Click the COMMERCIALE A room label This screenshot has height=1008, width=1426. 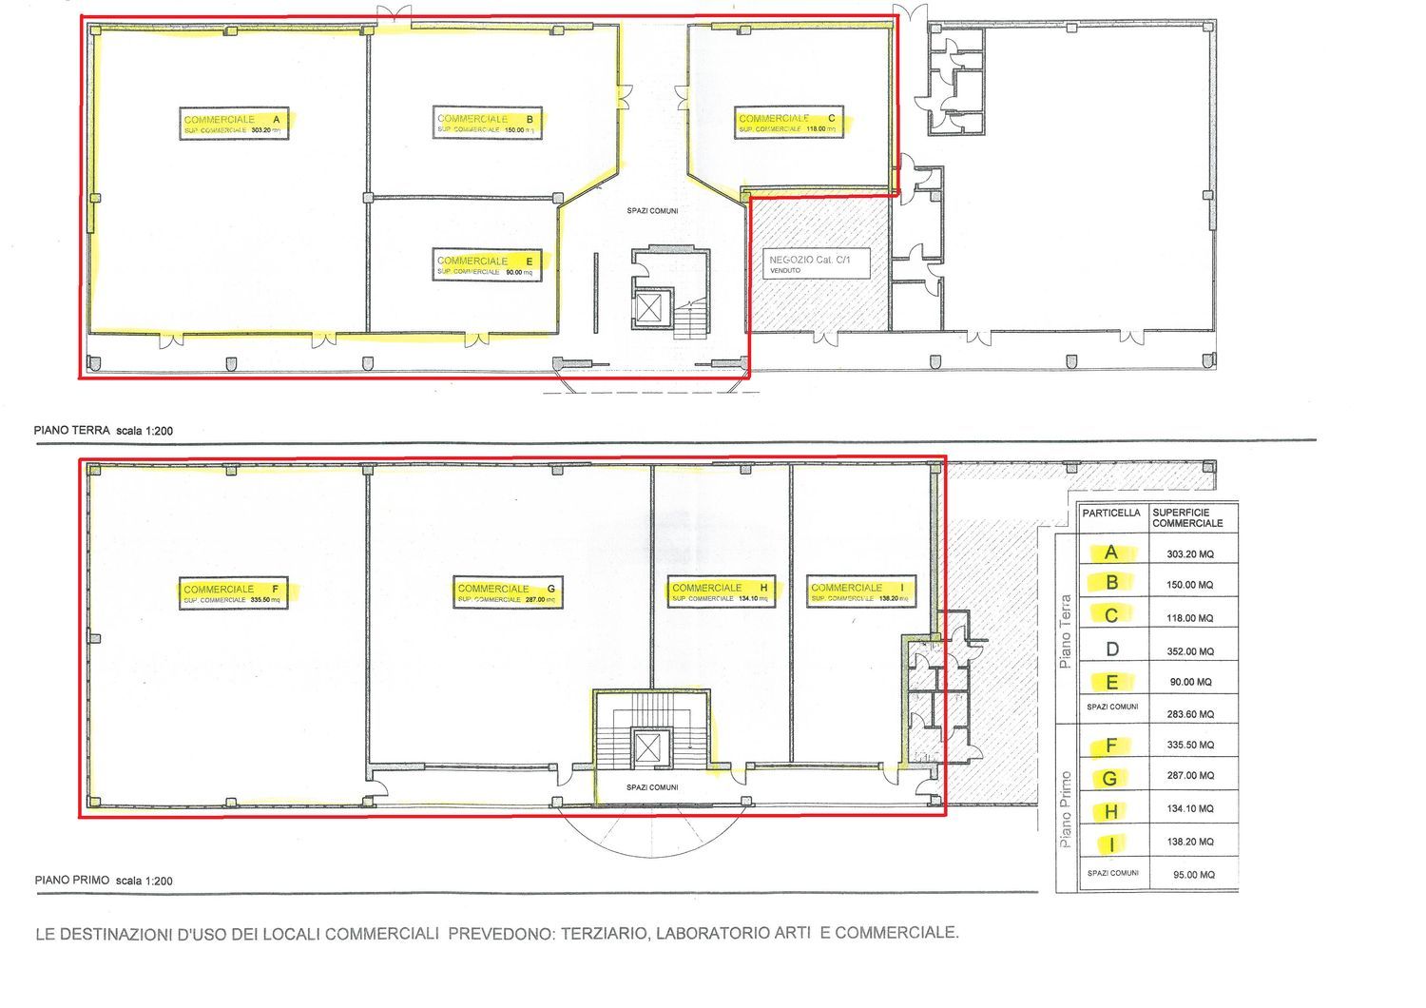pyautogui.click(x=234, y=124)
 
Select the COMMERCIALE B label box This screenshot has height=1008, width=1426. pyautogui.click(x=487, y=124)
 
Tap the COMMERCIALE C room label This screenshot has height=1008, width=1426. pyautogui.click(x=788, y=123)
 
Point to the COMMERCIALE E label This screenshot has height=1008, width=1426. pyautogui.click(x=486, y=265)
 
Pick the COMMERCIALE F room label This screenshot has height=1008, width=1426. pyautogui.click(x=234, y=593)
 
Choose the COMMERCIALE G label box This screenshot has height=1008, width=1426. pyautogui.click(x=508, y=593)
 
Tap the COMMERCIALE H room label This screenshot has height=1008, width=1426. pyautogui.click(x=721, y=592)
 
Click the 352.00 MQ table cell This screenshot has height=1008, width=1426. pyautogui.click(x=1193, y=651)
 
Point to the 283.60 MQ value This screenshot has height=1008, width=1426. pyautogui.click(x=1193, y=713)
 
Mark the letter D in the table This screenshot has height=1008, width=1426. pyautogui.click(x=1112, y=650)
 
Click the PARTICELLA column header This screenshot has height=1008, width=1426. pyautogui.click(x=1111, y=514)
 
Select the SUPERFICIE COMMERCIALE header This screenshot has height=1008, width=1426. pyautogui.click(x=1187, y=518)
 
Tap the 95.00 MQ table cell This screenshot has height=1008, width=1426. pyautogui.click(x=1193, y=874)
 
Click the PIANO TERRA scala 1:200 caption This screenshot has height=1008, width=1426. pyautogui.click(x=104, y=431)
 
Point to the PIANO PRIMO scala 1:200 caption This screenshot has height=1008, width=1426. pyautogui.click(x=104, y=881)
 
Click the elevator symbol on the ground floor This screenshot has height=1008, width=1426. pyautogui.click(x=651, y=306)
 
